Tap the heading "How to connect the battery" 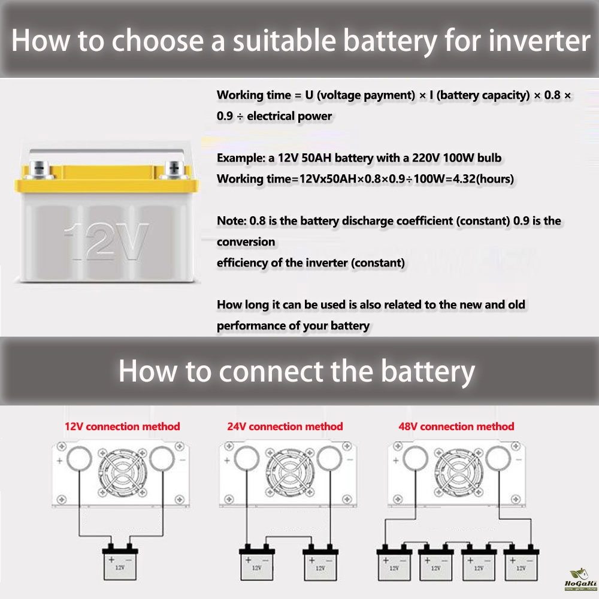coord(297,371)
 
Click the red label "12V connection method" coord(122,426)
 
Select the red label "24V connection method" coord(285,426)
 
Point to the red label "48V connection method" coord(456,426)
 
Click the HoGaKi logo coord(580,581)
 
